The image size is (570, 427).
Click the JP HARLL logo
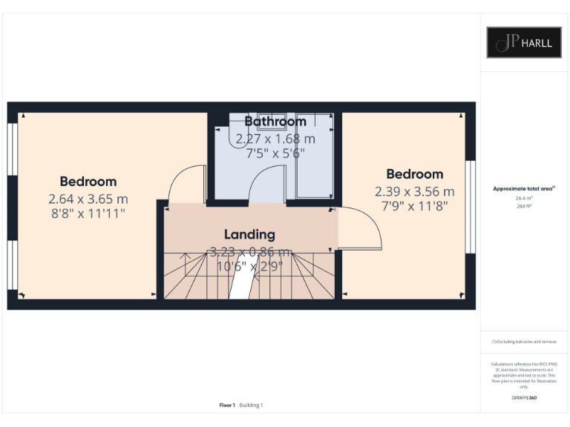[x=524, y=42]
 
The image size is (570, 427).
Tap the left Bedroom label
[x=88, y=182]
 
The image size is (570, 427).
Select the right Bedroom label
[x=414, y=174]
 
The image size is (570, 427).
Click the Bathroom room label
[x=275, y=122]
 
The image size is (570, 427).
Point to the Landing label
[x=249, y=234]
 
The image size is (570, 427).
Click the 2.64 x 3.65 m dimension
[x=88, y=199]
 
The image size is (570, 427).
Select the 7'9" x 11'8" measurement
[x=414, y=205]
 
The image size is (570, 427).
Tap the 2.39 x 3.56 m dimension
[x=414, y=191]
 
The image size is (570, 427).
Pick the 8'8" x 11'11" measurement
[x=88, y=213]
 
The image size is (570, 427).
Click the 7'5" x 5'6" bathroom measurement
[x=275, y=153]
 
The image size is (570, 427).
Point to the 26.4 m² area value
[x=524, y=198]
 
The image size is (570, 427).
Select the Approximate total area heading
[x=524, y=189]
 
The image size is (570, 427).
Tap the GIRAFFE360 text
[x=524, y=398]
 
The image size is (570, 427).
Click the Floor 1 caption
[x=227, y=405]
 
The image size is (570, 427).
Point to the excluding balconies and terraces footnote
[x=524, y=342]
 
